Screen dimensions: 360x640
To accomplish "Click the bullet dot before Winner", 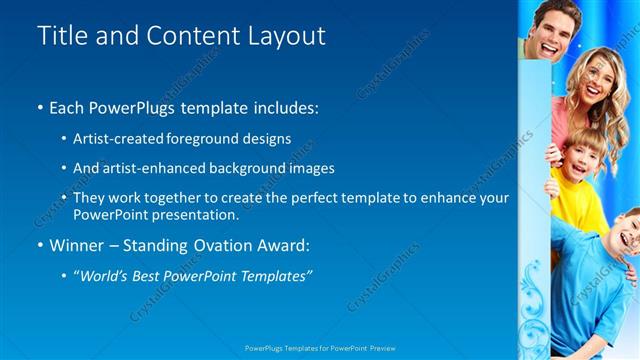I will pyautogui.click(x=39, y=245).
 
